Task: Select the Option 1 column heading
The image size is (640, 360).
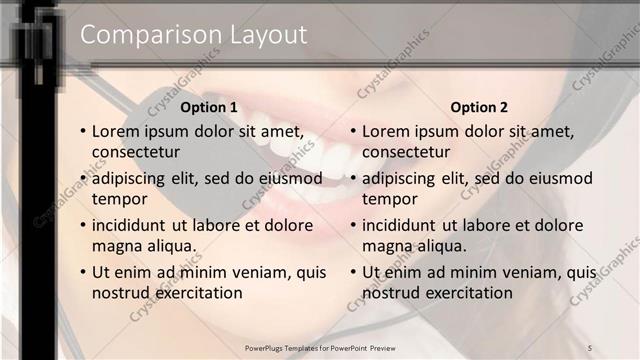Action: point(209,107)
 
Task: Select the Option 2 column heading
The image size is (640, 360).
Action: point(479,107)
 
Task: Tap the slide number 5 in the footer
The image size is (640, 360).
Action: point(590,347)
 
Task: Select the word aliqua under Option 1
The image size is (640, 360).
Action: point(169,246)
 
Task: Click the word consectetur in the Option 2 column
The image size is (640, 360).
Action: point(405,152)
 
